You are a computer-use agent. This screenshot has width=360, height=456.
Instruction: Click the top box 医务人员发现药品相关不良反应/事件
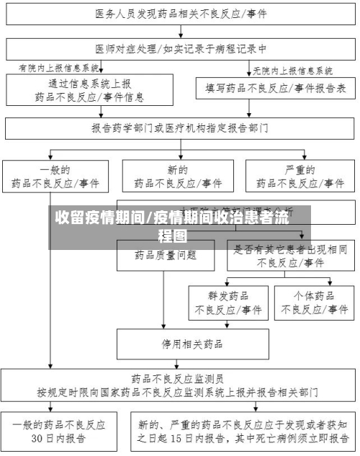[x=180, y=13]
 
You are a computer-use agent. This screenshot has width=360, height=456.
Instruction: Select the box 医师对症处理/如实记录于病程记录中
[x=180, y=49]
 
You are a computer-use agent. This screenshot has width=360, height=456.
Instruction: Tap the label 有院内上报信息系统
[x=60, y=68]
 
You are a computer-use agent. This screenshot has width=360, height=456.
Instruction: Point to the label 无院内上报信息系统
[x=292, y=71]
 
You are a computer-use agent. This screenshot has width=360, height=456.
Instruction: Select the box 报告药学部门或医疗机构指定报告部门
[x=180, y=128]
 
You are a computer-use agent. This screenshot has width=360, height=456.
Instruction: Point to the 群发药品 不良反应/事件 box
[x=228, y=303]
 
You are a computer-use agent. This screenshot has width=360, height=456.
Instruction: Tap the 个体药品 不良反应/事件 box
[x=314, y=303]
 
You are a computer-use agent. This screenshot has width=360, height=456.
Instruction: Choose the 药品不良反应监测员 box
[x=180, y=385]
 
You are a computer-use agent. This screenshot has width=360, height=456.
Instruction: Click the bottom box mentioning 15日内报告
[x=242, y=431]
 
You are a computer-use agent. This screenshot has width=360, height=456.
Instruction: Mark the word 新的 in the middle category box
[x=178, y=171]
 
